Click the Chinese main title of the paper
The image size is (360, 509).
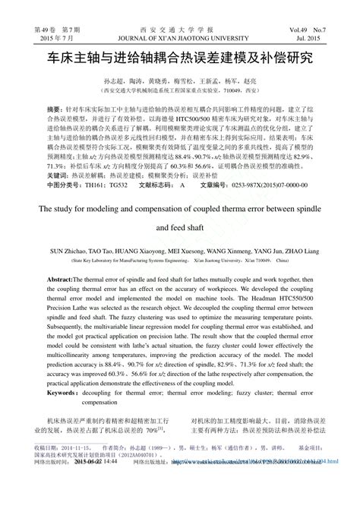(x=179, y=57)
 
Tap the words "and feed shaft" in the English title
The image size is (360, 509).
(x=179, y=226)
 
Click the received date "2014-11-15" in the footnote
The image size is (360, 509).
(x=79, y=469)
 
